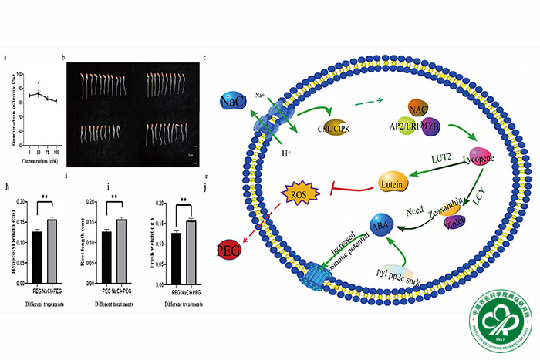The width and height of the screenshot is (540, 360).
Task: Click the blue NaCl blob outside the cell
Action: (x=232, y=102)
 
